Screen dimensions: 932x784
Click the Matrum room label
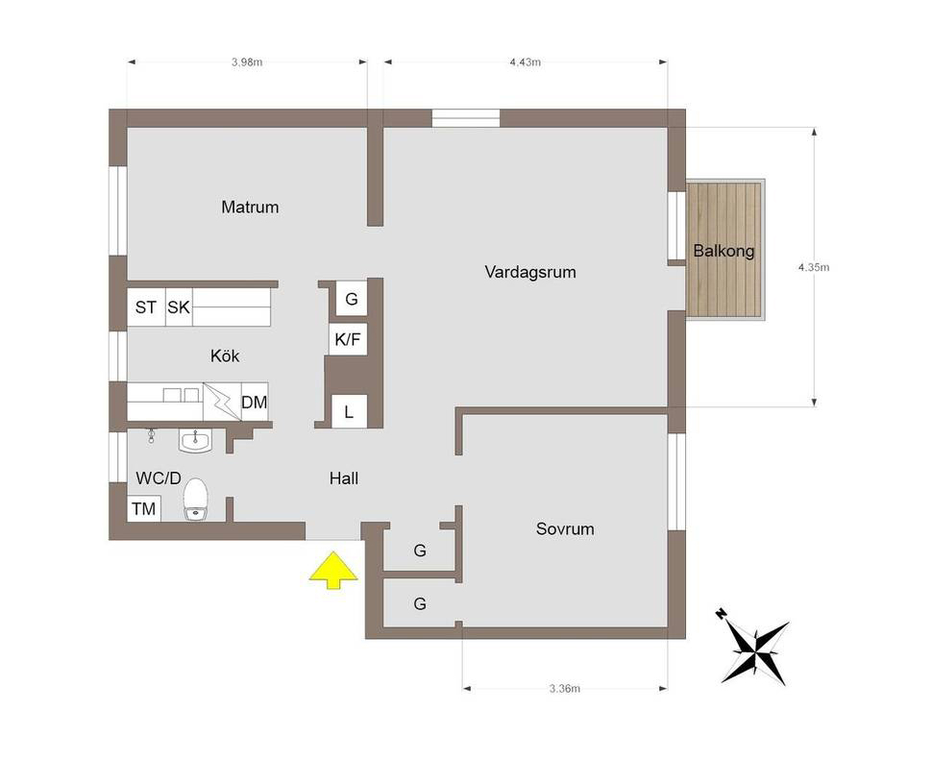click(x=250, y=207)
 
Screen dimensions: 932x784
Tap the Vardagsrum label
click(x=530, y=272)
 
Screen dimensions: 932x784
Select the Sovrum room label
click(x=565, y=529)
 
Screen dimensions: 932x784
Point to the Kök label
click(x=225, y=356)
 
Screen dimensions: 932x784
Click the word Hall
click(x=344, y=478)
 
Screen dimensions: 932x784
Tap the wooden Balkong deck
click(x=725, y=250)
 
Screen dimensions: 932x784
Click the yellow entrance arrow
click(x=333, y=570)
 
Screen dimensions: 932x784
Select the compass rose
click(x=754, y=647)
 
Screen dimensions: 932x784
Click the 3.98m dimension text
click(x=247, y=61)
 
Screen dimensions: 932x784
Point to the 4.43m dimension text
click(x=526, y=61)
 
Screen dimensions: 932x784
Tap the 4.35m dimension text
click(x=814, y=267)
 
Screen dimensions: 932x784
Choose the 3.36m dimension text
click(x=565, y=689)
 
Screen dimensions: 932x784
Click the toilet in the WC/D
click(x=196, y=500)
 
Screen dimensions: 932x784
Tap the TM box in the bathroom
click(x=144, y=509)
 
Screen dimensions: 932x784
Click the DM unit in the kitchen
click(x=255, y=402)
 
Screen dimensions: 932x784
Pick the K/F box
click(x=348, y=339)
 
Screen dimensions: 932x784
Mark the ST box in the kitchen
click(x=146, y=307)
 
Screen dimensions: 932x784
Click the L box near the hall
click(x=349, y=411)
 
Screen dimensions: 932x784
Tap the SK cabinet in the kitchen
click(x=179, y=307)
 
